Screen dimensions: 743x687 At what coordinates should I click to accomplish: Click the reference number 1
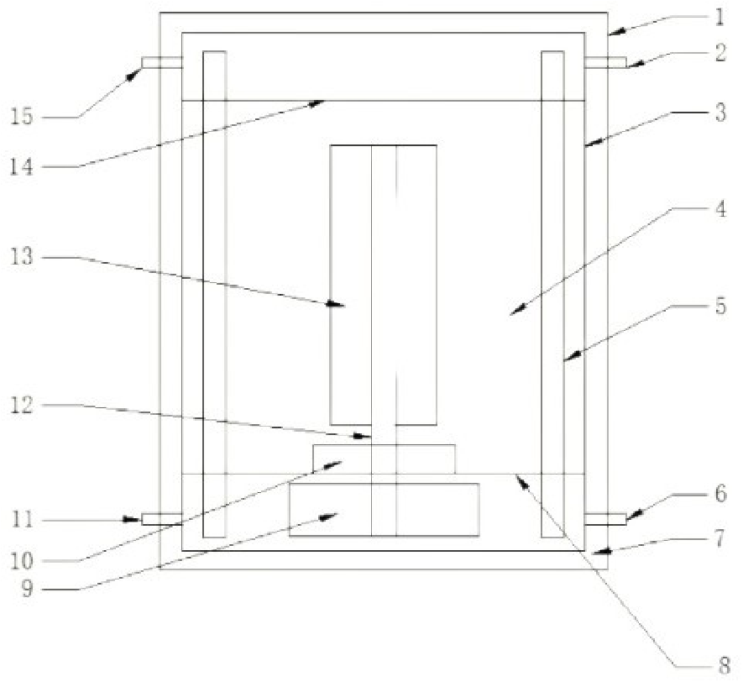point(719,17)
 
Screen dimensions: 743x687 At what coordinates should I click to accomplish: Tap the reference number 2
point(720,53)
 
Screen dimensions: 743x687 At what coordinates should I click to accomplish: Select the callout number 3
point(720,113)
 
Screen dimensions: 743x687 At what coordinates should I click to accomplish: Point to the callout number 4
point(720,208)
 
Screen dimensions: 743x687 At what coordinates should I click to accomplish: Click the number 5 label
point(720,307)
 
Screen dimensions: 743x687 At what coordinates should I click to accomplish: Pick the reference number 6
point(720,494)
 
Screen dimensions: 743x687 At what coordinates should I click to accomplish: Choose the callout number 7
point(720,538)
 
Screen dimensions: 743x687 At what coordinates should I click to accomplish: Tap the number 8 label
point(724,665)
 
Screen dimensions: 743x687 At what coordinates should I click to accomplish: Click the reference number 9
point(27,590)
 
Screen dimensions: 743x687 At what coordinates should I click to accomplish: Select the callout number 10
point(22,561)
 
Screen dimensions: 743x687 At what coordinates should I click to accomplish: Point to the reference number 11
point(22,520)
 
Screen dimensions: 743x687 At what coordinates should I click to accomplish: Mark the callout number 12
point(22,406)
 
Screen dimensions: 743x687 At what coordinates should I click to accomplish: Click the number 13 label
point(22,257)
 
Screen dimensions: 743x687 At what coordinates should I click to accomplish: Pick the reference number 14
point(22,167)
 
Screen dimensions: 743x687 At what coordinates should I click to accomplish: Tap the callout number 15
point(22,116)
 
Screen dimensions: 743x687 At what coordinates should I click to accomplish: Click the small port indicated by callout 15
point(162,62)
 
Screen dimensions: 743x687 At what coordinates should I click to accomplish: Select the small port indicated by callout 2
point(605,63)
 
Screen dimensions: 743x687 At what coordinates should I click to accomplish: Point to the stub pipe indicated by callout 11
point(162,519)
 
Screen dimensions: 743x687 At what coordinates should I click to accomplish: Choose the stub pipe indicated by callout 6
point(605,519)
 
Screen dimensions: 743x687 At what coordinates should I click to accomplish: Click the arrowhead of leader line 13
point(337,304)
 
